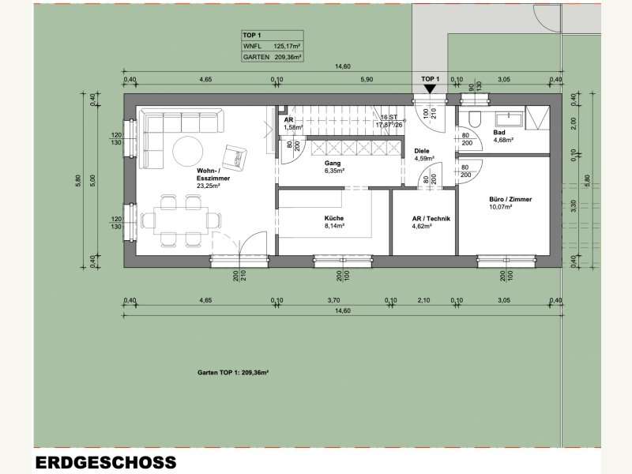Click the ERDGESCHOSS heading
pos(105,462)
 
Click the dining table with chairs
pos(176,220)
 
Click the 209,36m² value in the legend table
pos(288,57)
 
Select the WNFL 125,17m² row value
pos(288,47)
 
